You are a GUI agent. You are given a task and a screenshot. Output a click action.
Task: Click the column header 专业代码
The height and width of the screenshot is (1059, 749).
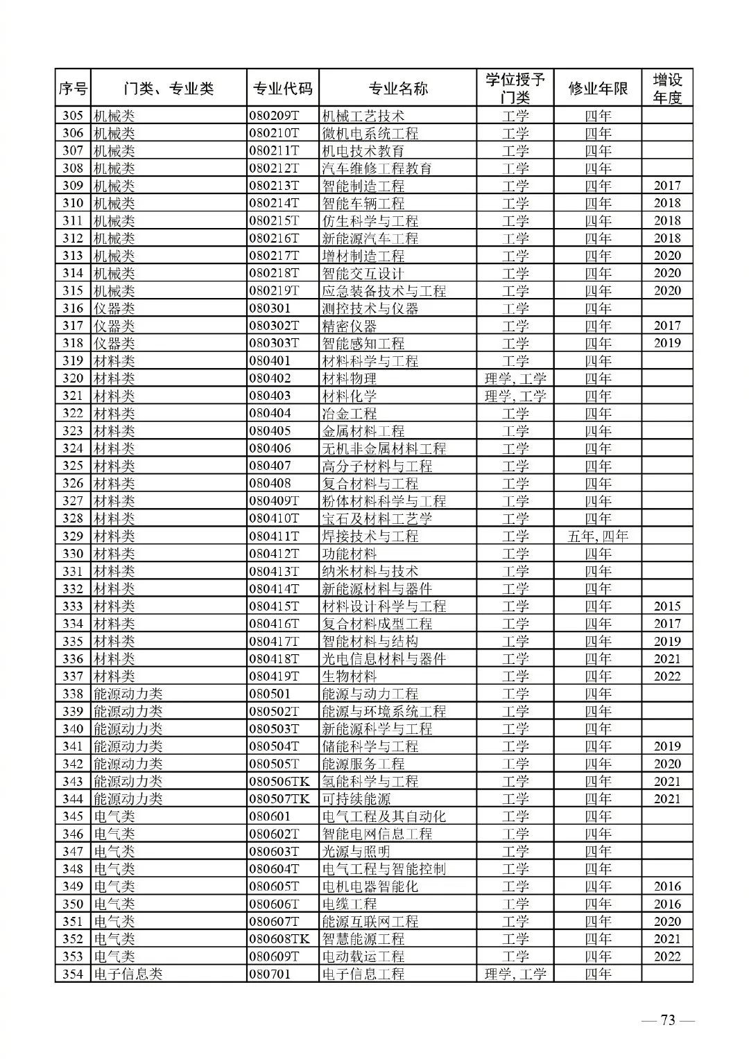pyautogui.click(x=282, y=89)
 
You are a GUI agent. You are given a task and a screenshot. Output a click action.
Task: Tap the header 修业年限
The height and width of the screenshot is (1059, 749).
pyautogui.click(x=598, y=89)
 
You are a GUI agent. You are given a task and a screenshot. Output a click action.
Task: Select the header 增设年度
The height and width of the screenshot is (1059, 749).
pyautogui.click(x=667, y=89)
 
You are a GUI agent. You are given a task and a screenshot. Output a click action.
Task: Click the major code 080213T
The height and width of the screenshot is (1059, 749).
pyautogui.click(x=274, y=186)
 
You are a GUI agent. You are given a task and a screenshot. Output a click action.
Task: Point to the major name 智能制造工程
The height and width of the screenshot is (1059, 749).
pyautogui.click(x=363, y=186)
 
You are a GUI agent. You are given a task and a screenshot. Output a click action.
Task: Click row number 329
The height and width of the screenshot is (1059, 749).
pyautogui.click(x=73, y=536)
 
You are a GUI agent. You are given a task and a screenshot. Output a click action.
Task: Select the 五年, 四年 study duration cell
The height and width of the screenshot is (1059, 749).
pyautogui.click(x=598, y=536)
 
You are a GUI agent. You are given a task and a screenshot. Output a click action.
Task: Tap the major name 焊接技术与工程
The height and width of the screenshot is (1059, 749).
pyautogui.click(x=370, y=536)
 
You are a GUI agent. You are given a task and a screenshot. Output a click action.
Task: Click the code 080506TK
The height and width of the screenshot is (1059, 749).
pyautogui.click(x=279, y=781)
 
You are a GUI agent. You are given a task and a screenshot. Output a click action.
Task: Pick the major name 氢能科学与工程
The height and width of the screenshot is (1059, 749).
pyautogui.click(x=370, y=781)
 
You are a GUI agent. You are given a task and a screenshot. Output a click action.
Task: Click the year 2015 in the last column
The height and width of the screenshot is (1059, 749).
pyautogui.click(x=667, y=606)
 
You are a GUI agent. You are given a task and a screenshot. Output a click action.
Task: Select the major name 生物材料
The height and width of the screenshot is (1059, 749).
pyautogui.click(x=349, y=676)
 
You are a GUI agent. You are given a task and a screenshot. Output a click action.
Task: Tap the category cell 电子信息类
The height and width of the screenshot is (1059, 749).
pyautogui.click(x=128, y=974)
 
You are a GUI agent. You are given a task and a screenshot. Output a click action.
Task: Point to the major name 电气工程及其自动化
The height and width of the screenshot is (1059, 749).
pyautogui.click(x=384, y=816)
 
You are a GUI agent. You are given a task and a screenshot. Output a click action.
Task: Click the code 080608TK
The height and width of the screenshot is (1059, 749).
pyautogui.click(x=279, y=939)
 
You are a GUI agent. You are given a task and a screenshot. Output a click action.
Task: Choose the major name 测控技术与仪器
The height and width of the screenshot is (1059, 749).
pyautogui.click(x=370, y=308)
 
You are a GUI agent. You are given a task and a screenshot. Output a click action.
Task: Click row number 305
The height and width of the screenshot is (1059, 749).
pyautogui.click(x=73, y=116)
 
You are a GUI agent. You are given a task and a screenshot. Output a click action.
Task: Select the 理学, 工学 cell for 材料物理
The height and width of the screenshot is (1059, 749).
pyautogui.click(x=515, y=378)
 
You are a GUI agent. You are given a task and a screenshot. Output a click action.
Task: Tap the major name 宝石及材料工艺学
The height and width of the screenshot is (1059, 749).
pyautogui.click(x=377, y=518)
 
